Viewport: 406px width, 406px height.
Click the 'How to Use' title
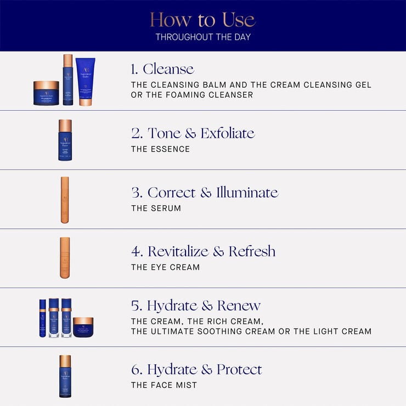(x=202, y=20)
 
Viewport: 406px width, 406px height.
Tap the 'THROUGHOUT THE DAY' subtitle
(x=202, y=37)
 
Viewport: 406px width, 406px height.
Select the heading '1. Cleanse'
(x=162, y=69)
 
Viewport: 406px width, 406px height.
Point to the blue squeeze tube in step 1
(x=86, y=81)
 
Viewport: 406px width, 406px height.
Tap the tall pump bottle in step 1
(x=67, y=80)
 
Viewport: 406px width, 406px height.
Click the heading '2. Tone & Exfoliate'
(x=193, y=133)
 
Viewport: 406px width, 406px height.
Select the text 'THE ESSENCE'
(x=160, y=149)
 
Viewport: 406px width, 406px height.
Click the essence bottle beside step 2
(x=65, y=140)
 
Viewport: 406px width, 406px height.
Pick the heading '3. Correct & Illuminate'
(x=205, y=193)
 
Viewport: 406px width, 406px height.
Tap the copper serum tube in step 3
(x=65, y=200)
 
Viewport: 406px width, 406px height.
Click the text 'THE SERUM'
(x=156, y=208)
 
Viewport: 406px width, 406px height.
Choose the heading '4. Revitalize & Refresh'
(x=203, y=252)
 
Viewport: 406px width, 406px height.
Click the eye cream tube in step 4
(x=65, y=258)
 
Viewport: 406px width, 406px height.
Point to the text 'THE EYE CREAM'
(x=165, y=268)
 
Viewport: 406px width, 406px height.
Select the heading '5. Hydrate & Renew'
(x=196, y=306)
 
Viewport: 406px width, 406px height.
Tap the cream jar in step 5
(x=83, y=327)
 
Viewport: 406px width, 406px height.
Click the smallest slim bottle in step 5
(x=43, y=318)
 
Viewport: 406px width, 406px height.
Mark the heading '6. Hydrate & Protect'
(x=196, y=369)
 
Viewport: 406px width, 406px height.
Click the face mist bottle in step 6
(x=65, y=376)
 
